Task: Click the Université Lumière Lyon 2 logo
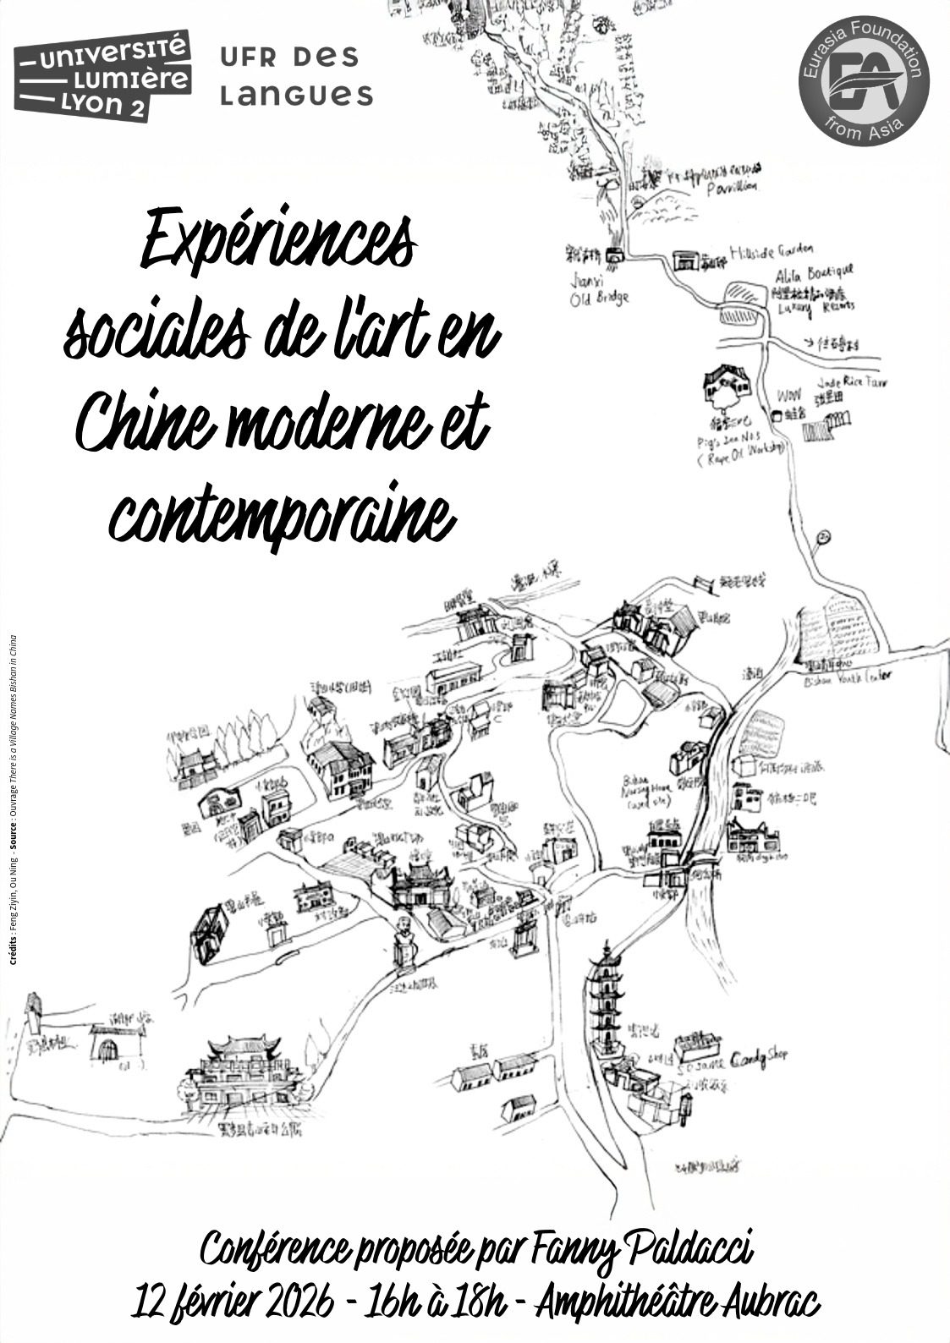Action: pyautogui.click(x=102, y=75)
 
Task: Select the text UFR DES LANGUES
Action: pyautogui.click(x=295, y=76)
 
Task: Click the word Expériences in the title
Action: pyautogui.click(x=277, y=240)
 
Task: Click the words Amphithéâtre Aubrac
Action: pyautogui.click(x=677, y=1302)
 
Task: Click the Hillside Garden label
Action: pyautogui.click(x=771, y=250)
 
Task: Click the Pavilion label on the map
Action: pyautogui.click(x=732, y=187)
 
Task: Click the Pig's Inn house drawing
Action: pyautogui.click(x=726, y=385)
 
